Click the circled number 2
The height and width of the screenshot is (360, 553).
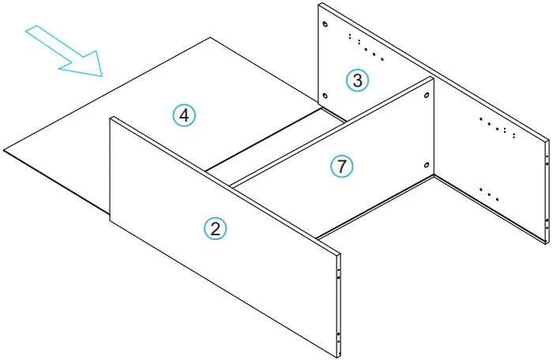coord(215,228)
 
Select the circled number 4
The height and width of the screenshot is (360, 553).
coord(184,115)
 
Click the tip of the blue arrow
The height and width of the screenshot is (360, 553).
coord(102,76)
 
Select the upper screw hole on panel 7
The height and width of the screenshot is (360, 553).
coord(427,96)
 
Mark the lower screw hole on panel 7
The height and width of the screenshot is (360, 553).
coord(427,165)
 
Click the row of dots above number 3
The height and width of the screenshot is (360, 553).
coord(366,47)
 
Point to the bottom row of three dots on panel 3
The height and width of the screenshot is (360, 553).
coord(489,193)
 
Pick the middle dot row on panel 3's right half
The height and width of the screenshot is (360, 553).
coord(498,129)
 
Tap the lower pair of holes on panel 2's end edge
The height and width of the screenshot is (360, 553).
coord(338,339)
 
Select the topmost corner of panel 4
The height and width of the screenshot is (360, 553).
coord(210,37)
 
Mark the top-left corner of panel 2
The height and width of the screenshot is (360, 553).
coord(110,118)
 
